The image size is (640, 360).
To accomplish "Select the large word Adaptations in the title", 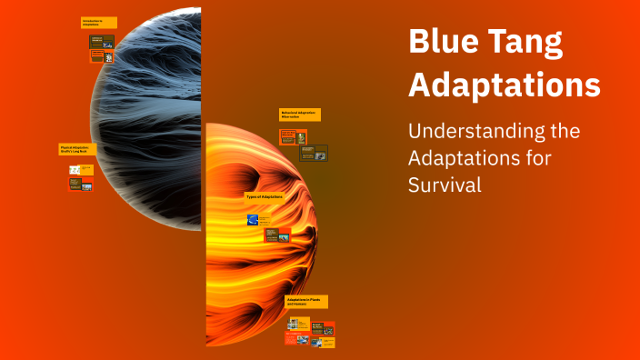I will [x=504, y=85].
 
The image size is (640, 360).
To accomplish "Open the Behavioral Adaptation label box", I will [x=299, y=115].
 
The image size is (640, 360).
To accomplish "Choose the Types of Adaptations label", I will [x=265, y=196].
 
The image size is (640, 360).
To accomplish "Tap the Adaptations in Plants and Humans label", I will [x=305, y=301].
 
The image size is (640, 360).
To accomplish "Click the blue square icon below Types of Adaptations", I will [x=253, y=219].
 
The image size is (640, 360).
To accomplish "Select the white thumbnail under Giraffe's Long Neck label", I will [x=75, y=170].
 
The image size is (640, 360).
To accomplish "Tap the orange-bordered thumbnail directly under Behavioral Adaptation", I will [x=288, y=135].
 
